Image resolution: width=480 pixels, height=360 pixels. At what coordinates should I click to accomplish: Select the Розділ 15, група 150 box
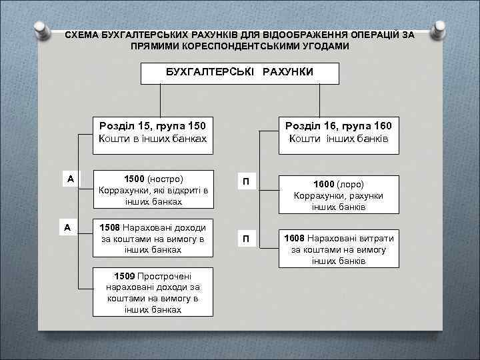coord(153,132)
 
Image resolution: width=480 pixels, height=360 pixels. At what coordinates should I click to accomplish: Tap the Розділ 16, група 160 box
coord(339,132)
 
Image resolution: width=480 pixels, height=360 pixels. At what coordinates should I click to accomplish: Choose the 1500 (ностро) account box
coord(153,190)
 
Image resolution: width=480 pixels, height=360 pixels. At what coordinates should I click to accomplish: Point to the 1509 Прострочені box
coord(153,292)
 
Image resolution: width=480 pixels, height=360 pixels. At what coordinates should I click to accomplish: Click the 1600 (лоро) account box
coord(339,195)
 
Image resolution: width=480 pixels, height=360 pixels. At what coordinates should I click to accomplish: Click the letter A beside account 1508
coord(67,227)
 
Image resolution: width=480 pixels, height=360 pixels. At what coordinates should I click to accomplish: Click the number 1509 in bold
coord(125,275)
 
